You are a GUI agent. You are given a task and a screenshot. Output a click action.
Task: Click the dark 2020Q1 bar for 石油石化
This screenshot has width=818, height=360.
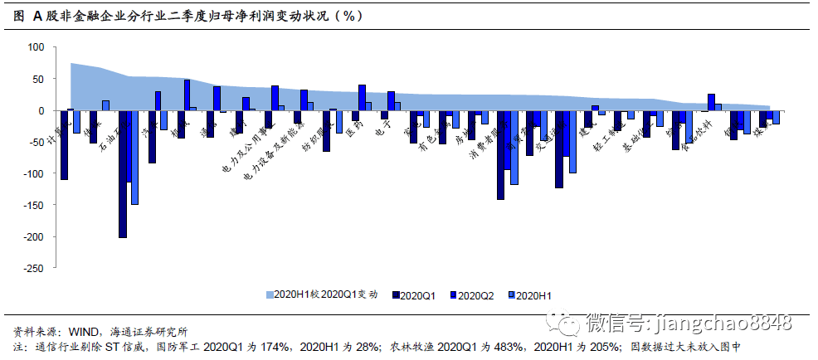123,174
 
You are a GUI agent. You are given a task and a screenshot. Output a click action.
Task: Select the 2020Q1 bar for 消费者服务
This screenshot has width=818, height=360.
500,155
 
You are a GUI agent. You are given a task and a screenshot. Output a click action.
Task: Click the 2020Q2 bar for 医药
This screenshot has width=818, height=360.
362,97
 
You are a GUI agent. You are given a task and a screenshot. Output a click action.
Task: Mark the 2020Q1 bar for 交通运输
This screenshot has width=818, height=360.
558,149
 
